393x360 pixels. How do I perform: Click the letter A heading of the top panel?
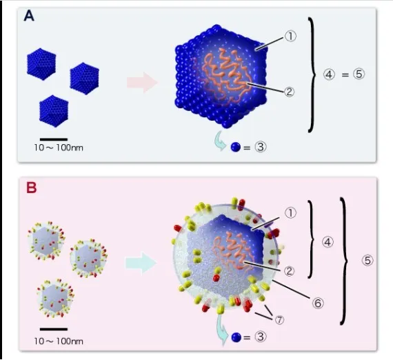click(x=29, y=16)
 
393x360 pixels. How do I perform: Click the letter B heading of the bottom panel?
click(x=31, y=188)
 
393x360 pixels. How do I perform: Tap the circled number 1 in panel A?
click(x=290, y=37)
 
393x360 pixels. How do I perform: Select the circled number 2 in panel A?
click(x=289, y=92)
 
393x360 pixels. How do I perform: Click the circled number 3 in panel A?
click(x=261, y=147)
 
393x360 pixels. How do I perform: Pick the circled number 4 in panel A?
click(x=329, y=74)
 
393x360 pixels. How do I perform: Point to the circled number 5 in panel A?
click(x=359, y=74)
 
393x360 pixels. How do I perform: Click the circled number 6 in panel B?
click(x=318, y=303)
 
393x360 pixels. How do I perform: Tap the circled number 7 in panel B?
click(x=279, y=320)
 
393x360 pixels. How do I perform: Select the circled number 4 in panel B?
click(x=327, y=243)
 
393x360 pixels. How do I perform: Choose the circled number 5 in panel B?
click(x=367, y=261)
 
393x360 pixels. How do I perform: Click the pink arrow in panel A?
click(x=142, y=82)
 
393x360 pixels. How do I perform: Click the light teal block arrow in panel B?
click(x=141, y=263)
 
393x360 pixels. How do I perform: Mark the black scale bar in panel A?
click(x=54, y=139)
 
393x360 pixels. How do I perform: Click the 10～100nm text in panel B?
click(x=59, y=341)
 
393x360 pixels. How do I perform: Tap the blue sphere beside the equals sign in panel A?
click(x=236, y=147)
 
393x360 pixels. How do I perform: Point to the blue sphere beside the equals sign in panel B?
click(x=236, y=337)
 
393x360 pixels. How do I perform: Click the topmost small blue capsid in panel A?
click(x=41, y=64)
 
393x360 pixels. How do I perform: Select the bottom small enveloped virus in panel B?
click(x=55, y=298)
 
